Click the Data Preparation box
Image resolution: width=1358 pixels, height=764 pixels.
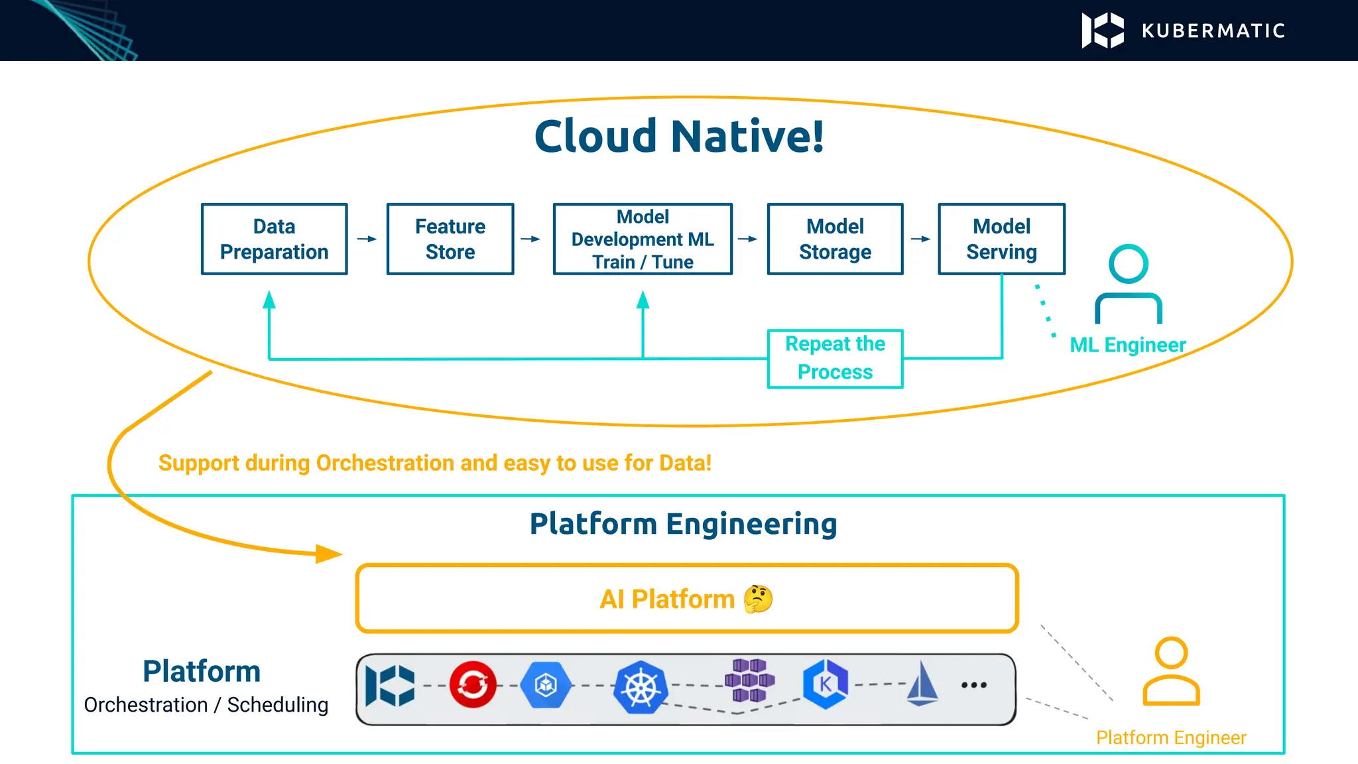point(274,239)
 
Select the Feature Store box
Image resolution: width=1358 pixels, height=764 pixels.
point(450,239)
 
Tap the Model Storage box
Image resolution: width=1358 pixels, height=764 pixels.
point(835,239)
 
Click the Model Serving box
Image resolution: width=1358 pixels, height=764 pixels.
point(1001,239)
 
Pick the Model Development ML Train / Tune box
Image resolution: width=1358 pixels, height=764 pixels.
point(643,239)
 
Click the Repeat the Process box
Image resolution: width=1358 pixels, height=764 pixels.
point(835,358)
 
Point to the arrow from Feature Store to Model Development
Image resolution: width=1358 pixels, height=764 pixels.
point(530,239)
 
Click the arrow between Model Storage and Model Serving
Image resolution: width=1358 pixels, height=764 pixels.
point(920,239)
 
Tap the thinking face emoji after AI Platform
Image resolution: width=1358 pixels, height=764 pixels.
point(758,599)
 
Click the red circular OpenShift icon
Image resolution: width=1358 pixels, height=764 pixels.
point(473,684)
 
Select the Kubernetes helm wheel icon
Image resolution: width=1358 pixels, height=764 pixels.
point(641,687)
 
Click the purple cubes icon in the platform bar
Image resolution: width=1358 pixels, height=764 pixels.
point(749,680)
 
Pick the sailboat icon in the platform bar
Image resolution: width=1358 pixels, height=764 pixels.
point(922,683)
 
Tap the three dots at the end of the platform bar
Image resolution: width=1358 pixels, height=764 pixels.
point(973,685)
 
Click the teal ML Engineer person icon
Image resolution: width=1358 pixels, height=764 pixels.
point(1128,284)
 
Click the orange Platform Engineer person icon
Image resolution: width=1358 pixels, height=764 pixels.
point(1171,671)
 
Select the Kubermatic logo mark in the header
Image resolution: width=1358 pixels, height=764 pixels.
point(1103,31)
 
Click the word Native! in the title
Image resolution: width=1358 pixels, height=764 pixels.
point(747,137)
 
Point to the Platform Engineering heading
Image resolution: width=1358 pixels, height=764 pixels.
point(683,524)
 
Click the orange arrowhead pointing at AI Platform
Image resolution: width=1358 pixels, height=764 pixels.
point(329,553)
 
